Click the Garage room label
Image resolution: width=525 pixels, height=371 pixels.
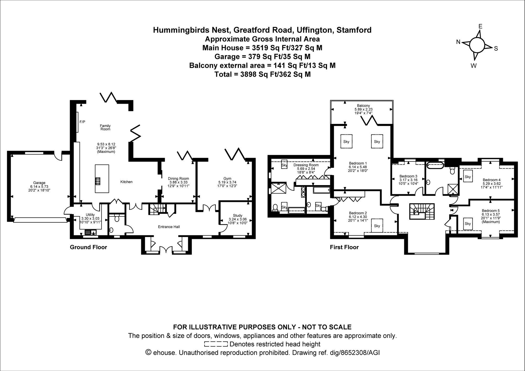pos(39,183)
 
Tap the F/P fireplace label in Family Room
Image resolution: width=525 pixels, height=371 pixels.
pos(82,122)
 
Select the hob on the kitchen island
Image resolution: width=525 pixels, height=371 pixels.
pos(98,181)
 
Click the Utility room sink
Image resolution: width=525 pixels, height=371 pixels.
pos(91,232)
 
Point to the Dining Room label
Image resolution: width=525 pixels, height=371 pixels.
pos(178,179)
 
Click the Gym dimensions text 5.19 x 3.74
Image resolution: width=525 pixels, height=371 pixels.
pos(227,182)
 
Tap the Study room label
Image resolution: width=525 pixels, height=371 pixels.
pos(238,215)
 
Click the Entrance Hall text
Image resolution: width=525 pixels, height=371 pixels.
pos(169,227)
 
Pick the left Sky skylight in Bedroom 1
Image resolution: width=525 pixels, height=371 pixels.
pos(346,142)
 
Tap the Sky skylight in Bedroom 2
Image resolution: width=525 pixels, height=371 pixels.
pos(377,226)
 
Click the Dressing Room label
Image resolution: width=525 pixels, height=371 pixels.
pos(306,165)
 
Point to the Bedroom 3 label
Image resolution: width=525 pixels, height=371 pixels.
pos(408,176)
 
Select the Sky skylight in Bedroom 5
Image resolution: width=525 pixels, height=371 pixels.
pos(468,224)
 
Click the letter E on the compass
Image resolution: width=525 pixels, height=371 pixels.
pos(480,26)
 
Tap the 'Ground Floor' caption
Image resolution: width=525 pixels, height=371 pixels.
pos(88,247)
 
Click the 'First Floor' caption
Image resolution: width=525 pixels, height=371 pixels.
pos(344,247)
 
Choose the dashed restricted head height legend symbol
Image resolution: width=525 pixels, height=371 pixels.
pos(216,344)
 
